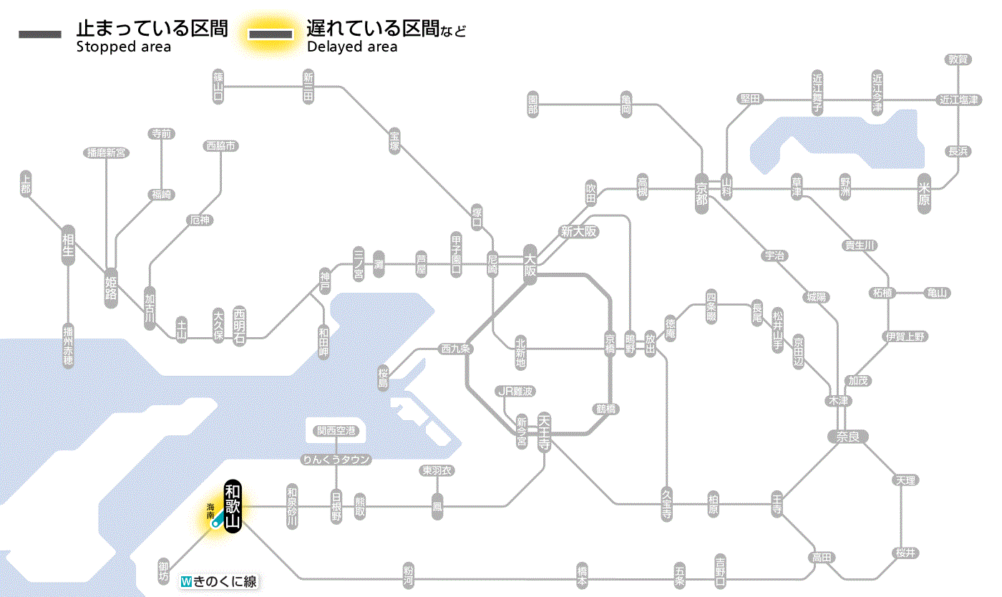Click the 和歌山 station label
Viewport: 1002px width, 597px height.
coord(233,507)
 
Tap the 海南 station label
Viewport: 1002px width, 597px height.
coord(210,510)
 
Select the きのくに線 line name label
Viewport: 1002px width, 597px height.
coord(220,582)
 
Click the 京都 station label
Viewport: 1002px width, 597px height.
coord(701,190)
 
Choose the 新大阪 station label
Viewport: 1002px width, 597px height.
coord(578,232)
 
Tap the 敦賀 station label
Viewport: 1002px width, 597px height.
coord(958,59)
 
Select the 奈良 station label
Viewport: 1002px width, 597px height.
coord(847,436)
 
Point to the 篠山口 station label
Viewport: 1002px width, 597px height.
coord(219,85)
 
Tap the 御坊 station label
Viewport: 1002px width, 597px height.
coord(164,571)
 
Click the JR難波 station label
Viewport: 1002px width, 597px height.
coord(515,391)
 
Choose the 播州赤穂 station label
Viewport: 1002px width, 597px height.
coord(68,346)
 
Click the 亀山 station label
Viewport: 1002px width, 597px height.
coord(937,293)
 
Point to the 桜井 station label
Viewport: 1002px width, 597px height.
coord(905,553)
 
